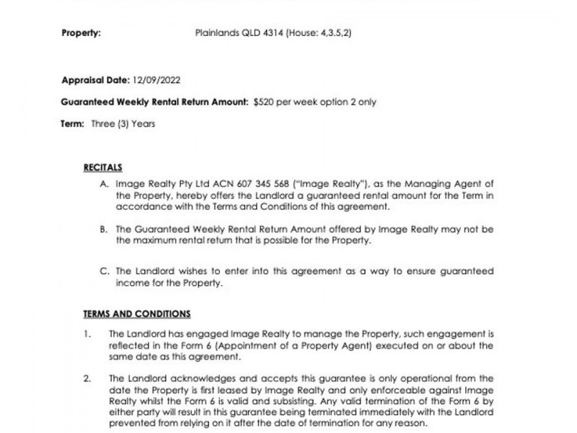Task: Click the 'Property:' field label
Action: (x=81, y=33)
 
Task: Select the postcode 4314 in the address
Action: (x=266, y=33)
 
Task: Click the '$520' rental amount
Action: (x=264, y=102)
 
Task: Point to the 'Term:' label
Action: (x=73, y=124)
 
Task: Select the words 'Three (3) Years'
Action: (x=123, y=124)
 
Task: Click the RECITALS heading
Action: (x=103, y=167)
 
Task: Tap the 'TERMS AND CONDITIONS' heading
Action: (x=137, y=314)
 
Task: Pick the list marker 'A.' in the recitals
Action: (x=105, y=185)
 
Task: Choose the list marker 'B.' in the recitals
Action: (x=105, y=229)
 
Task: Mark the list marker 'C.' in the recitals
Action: (x=105, y=272)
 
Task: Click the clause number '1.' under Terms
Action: (x=87, y=334)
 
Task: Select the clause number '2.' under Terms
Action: (x=87, y=378)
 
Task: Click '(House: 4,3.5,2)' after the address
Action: (x=319, y=33)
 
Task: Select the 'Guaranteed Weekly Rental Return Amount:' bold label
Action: (x=155, y=102)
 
